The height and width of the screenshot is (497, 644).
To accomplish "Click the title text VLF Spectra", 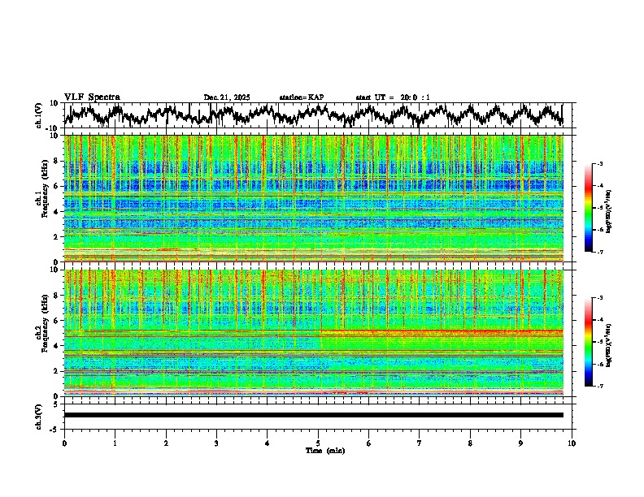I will [x=92, y=97].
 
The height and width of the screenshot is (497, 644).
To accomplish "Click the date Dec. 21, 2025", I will [x=227, y=97].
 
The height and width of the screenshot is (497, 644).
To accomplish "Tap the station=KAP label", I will [x=302, y=97].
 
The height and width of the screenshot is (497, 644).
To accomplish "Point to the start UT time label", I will [x=393, y=97].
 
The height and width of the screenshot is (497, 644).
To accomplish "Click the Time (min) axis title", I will [x=324, y=450].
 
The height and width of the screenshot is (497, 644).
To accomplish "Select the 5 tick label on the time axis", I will [x=318, y=443].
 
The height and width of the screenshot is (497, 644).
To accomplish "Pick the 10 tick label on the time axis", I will [x=572, y=443].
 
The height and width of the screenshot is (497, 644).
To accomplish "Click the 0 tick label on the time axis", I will [x=64, y=443].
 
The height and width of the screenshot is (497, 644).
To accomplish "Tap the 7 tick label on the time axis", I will [x=420, y=443].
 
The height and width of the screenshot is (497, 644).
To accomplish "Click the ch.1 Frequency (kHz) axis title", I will [x=41, y=195].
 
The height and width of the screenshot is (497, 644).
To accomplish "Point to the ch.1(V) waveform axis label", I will [x=39, y=115].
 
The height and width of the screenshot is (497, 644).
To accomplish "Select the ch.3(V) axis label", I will [x=39, y=415].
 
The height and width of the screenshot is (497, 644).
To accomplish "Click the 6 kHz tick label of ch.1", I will [x=57, y=186].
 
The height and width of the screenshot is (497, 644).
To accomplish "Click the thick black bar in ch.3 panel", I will [x=314, y=415].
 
